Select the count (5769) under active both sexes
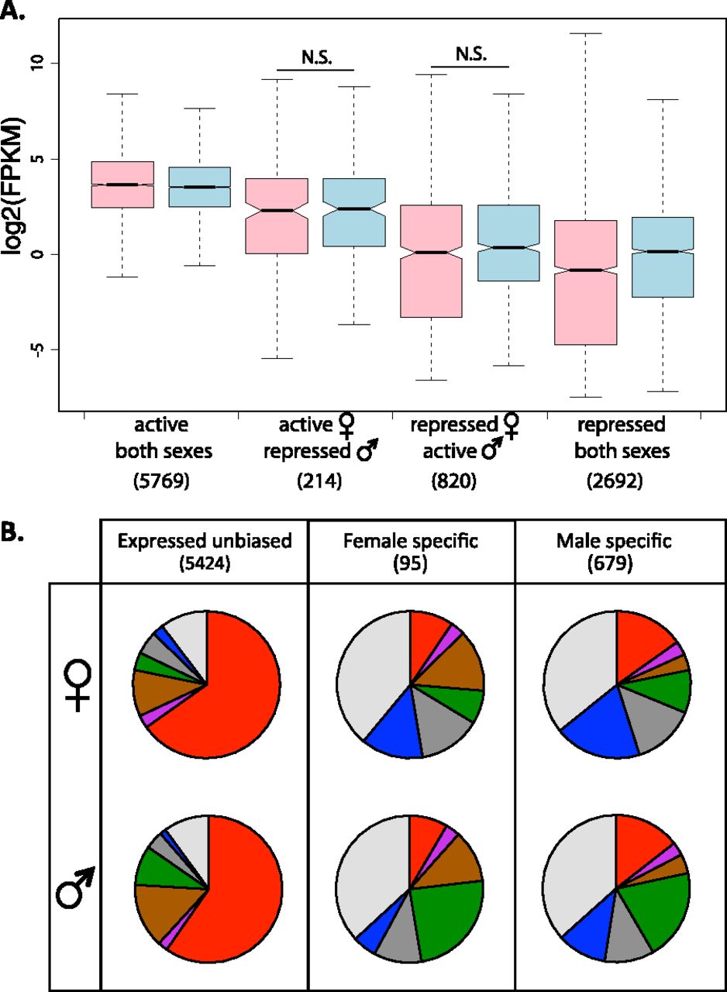(161, 484)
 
